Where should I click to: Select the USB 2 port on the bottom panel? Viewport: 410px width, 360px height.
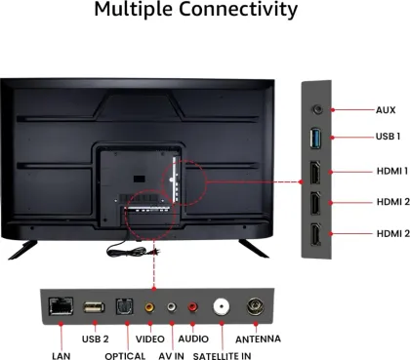95,305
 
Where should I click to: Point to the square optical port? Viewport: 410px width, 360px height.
124,305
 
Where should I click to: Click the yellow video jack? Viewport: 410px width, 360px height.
148,306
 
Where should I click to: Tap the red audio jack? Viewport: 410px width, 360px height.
192,306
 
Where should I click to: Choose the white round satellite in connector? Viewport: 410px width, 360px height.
222,305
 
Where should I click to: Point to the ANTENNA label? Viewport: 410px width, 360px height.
258,339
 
